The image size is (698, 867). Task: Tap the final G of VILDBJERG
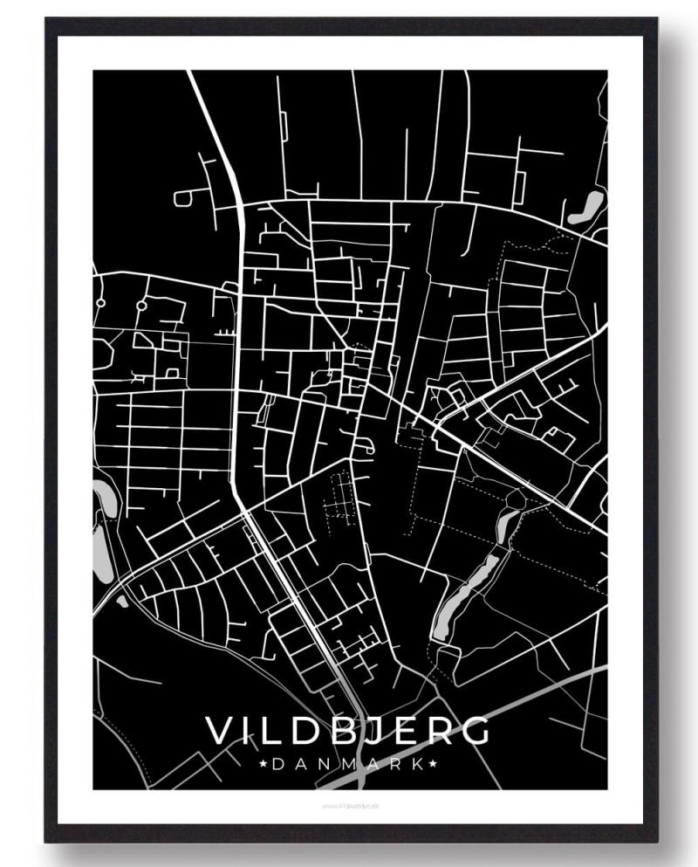click(475, 731)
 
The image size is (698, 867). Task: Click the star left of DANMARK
click(263, 764)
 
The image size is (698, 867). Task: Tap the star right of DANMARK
click(433, 764)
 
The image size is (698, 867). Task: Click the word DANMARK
click(348, 764)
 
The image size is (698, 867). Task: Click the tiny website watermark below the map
click(348, 806)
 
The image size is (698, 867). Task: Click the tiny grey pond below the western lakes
click(121, 600)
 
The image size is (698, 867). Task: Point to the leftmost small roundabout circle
click(101, 303)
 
